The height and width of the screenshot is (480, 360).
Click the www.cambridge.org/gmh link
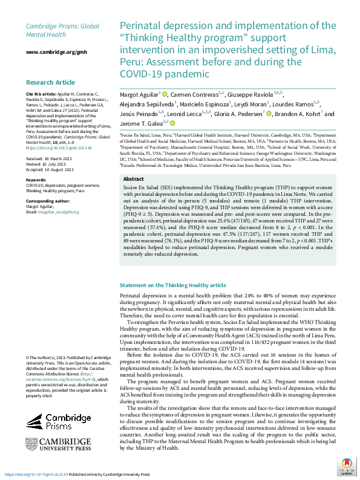point(52,53)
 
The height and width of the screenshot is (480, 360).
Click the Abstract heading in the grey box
point(133,163)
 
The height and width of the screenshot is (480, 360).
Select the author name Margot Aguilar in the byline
point(139,94)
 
